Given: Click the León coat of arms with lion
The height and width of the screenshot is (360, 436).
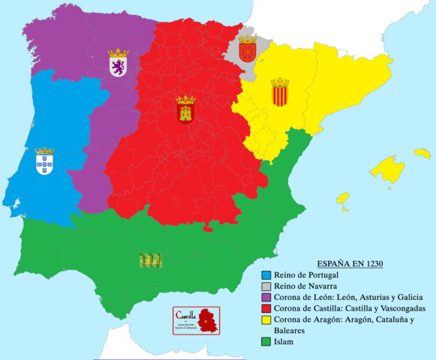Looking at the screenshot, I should (x=119, y=63).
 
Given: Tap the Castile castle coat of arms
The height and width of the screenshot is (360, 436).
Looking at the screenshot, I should (x=185, y=109).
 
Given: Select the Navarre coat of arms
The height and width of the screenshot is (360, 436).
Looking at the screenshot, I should (x=247, y=49).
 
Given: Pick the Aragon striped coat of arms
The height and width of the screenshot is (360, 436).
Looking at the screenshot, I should (x=280, y=93).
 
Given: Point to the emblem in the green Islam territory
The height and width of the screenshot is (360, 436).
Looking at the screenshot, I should (x=151, y=259).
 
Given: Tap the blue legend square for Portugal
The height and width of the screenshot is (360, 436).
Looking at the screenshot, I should (x=266, y=275).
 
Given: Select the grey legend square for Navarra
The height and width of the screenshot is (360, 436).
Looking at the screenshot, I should (x=266, y=286).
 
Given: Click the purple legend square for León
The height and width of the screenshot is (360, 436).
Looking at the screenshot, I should (x=266, y=298).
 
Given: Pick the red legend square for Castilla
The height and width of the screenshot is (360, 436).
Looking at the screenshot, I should (x=266, y=309).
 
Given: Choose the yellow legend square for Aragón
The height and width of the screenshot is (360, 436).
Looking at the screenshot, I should (x=266, y=320).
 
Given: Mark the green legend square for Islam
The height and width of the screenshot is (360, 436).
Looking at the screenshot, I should (x=266, y=342).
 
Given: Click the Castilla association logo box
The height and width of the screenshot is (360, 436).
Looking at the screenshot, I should (x=196, y=319).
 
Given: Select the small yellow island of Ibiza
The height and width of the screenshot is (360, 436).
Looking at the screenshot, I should (x=342, y=200).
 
